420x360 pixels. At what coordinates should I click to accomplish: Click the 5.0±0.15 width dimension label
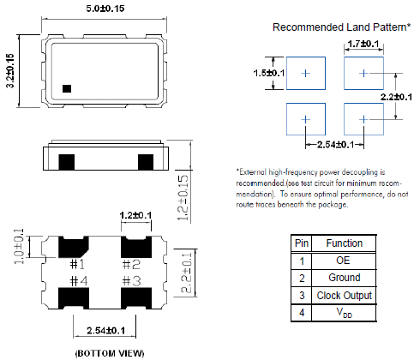point(105,9)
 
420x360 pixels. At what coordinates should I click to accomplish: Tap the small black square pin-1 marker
point(67,88)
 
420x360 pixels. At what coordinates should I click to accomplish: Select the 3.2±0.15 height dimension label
point(10,71)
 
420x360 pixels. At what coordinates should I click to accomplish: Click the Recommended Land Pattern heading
point(341,27)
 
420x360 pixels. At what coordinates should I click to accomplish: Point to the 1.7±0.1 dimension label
point(363,44)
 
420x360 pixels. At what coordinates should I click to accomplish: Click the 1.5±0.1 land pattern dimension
point(269,73)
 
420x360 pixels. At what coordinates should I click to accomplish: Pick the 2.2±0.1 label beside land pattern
point(396,97)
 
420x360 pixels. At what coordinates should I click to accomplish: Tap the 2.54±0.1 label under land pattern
point(336,145)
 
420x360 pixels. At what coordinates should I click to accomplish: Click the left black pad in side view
point(67,162)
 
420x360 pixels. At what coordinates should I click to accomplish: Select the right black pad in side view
point(146,162)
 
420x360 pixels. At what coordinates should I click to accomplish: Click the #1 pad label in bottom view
point(77,265)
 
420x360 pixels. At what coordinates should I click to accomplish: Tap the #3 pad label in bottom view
point(132,281)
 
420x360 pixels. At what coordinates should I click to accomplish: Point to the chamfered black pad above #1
point(73,247)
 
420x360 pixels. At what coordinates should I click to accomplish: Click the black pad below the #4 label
point(74,298)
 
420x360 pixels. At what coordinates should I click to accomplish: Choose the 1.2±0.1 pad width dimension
point(135,215)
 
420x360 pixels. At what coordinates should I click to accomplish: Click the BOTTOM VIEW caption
point(110,353)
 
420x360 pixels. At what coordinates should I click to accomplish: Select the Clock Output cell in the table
point(345,296)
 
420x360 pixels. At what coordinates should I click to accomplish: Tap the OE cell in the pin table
point(343,261)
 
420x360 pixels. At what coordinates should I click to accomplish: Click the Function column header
point(345,243)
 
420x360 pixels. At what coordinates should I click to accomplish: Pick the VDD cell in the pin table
point(345,313)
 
